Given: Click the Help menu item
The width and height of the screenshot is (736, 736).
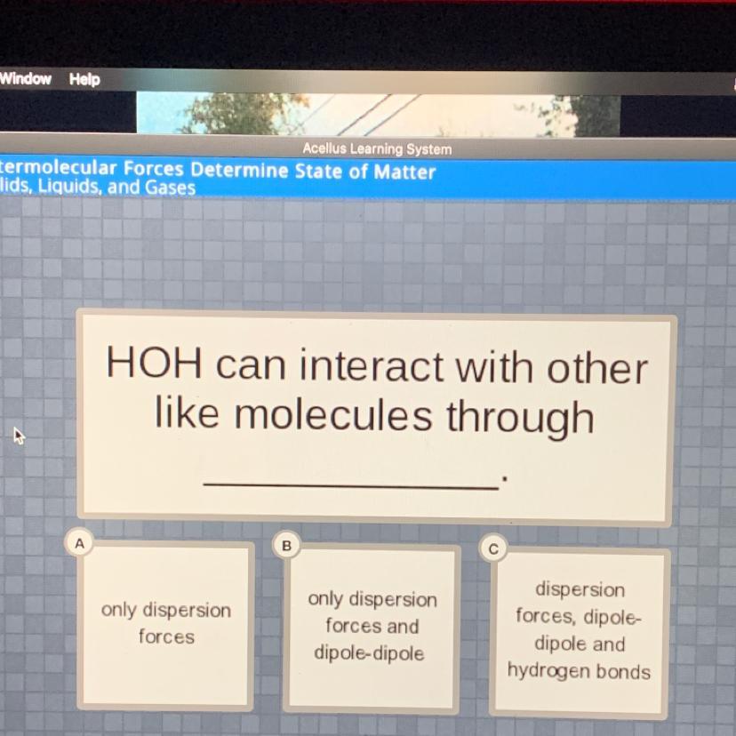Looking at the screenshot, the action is pyautogui.click(x=84, y=79).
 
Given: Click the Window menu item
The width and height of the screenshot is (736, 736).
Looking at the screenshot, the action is pyautogui.click(x=26, y=78).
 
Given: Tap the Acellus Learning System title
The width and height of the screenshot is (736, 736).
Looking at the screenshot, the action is pyautogui.click(x=377, y=148).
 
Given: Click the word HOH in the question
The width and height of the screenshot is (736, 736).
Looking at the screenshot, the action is pyautogui.click(x=155, y=363).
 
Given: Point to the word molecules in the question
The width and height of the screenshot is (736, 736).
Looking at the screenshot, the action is pyautogui.click(x=332, y=415).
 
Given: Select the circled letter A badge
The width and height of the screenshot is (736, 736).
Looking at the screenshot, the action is pyautogui.click(x=80, y=543).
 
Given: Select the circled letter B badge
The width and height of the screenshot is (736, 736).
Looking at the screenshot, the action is pyautogui.click(x=286, y=546).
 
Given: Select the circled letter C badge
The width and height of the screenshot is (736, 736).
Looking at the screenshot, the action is pyautogui.click(x=492, y=548).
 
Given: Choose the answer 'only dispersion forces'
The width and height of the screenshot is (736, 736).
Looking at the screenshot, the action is pyautogui.click(x=165, y=623).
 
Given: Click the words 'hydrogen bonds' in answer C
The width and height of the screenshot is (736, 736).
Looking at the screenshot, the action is pyautogui.click(x=579, y=672).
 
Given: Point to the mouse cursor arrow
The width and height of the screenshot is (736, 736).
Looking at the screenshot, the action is pyautogui.click(x=19, y=436).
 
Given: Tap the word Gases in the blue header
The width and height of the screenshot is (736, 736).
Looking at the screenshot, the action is pyautogui.click(x=170, y=188).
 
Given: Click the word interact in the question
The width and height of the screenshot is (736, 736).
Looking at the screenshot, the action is pyautogui.click(x=371, y=365).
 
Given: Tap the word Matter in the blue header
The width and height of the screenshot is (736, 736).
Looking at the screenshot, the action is pyautogui.click(x=404, y=172).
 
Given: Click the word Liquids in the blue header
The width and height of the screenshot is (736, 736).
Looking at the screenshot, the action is pyautogui.click(x=69, y=187).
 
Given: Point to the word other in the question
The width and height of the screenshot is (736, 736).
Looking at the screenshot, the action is pyautogui.click(x=597, y=368).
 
